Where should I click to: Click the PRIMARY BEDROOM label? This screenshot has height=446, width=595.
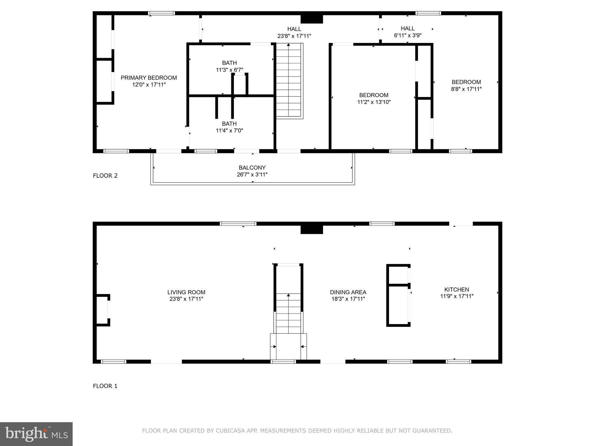tap(148, 78)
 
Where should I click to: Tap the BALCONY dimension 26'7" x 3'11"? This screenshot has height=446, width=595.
tap(252, 175)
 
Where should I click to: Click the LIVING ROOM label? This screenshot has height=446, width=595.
tap(186, 292)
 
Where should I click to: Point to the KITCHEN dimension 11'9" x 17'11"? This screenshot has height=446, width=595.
tap(457, 296)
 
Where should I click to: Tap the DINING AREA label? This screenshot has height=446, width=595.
tap(348, 292)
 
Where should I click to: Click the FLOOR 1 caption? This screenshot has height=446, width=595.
tap(105, 386)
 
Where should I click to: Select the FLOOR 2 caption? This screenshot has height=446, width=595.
tap(105, 175)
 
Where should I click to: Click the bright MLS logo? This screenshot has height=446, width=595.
tap(36, 434)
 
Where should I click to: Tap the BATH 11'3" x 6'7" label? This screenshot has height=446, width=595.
tap(230, 63)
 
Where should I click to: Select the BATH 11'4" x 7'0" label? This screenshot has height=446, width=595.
tap(229, 124)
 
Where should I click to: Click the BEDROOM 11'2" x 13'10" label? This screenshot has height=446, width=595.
tap(374, 95)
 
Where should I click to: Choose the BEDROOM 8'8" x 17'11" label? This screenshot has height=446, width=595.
tap(466, 82)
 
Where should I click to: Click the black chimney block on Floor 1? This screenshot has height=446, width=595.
tap(311, 230)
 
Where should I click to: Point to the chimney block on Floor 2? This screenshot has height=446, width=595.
tap(311, 19)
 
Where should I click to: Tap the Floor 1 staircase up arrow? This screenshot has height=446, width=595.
tap(288, 296)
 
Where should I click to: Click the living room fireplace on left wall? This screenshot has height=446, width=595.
tap(102, 310)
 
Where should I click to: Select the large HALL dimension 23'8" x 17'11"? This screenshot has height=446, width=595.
tap(294, 36)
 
